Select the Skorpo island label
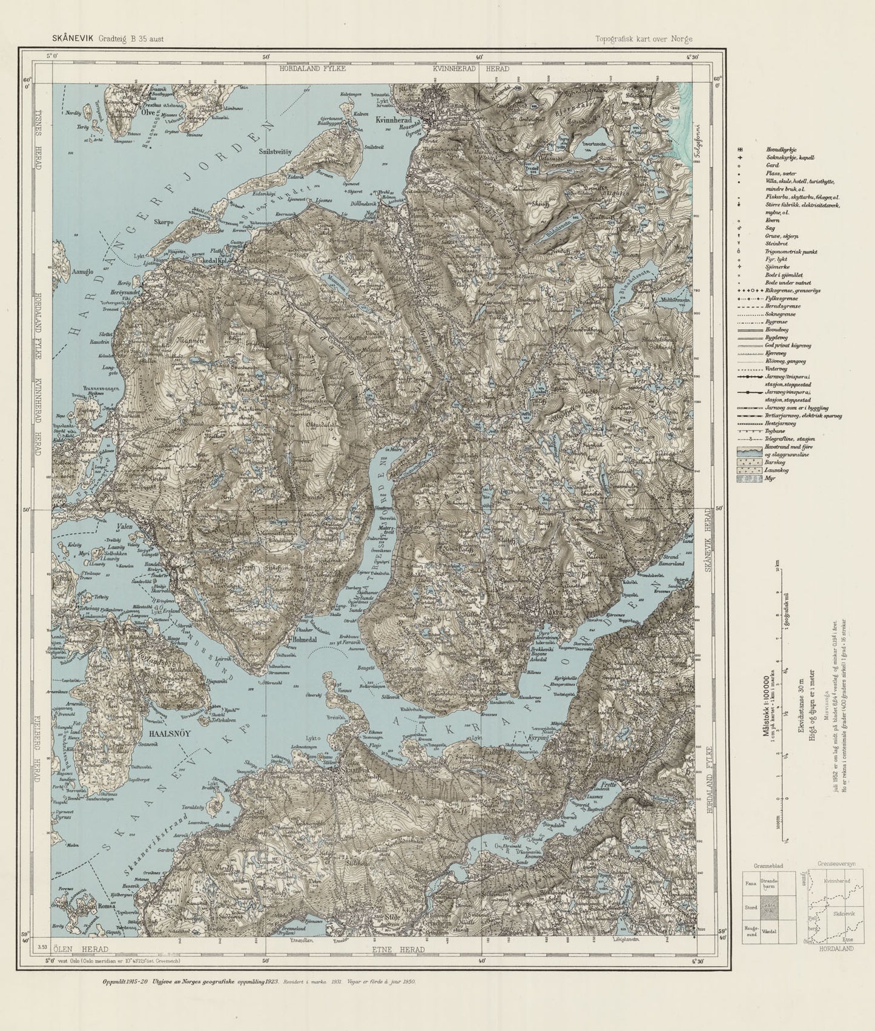pos(163,222)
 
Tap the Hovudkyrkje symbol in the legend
pos(740,149)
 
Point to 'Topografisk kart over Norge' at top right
pos(644,39)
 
